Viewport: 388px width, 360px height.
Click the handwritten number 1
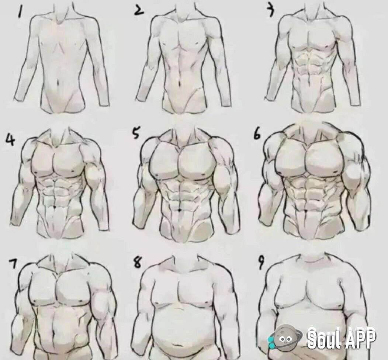21,13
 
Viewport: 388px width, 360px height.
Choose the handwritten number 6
257,135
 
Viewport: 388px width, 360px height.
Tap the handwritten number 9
260,263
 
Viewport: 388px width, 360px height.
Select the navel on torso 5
179,210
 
